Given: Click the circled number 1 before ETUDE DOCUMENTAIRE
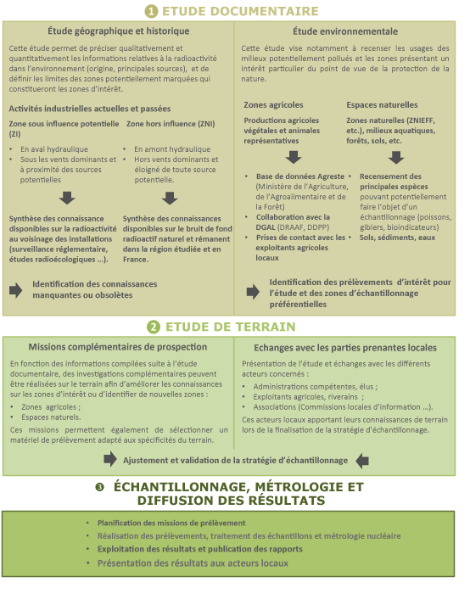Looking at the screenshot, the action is (151, 11).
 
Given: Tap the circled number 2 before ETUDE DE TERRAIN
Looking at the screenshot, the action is (153, 327).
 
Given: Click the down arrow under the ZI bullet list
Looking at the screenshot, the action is (67, 198).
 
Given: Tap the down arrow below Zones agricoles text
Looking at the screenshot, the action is (293, 156).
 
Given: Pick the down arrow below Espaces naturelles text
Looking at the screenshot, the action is (396, 156).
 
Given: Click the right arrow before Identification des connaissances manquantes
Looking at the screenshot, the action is (16, 289).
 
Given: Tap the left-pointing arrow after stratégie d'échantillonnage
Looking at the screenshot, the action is (362, 460).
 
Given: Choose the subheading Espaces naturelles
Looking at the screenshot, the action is (382, 104).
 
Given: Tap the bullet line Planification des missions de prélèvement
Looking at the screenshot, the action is (171, 523).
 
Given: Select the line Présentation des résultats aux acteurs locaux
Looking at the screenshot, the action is (193, 563).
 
